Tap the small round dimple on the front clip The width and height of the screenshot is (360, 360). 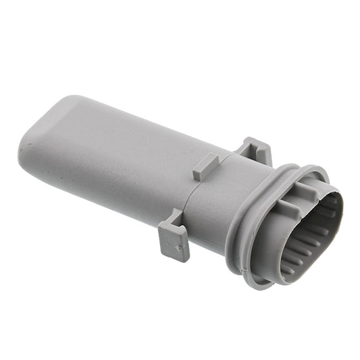point(179,249)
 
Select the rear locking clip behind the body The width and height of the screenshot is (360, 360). point(255,150)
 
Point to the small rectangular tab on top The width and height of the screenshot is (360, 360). point(205,166)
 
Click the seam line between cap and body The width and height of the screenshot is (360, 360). point(189,196)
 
